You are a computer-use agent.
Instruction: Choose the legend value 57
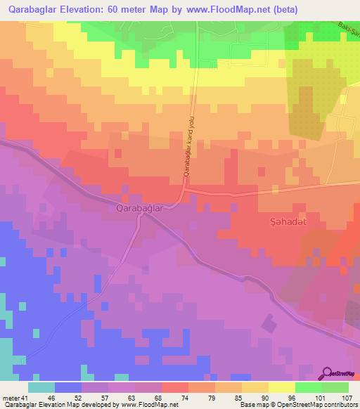pyautogui.click(x=105, y=398)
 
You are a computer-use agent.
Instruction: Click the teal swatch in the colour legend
pyautogui.click(x=41, y=387)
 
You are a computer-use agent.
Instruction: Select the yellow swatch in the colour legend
pyautogui.click(x=281, y=387)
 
